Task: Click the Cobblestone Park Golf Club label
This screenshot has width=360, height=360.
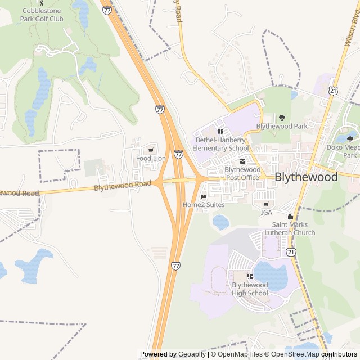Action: click(43, 15)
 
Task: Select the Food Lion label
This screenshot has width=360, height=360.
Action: click(151, 158)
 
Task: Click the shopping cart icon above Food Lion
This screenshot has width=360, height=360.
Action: click(151, 150)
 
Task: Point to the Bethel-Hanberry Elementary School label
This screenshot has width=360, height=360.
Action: click(220, 144)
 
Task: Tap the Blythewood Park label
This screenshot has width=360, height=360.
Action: click(282, 126)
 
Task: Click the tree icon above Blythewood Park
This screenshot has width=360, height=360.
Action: click(282, 118)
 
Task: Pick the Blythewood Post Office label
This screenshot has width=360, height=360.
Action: click(242, 173)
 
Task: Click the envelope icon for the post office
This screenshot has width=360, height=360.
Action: click(242, 161)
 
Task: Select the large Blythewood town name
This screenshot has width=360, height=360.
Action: click(306, 177)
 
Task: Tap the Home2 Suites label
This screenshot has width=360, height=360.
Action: click(204, 205)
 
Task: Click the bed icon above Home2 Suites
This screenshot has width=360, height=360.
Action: click(204, 196)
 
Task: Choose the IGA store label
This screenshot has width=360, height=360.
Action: click(266, 212)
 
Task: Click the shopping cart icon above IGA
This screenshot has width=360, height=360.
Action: click(266, 204)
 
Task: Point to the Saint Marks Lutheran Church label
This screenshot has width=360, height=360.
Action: click(290, 228)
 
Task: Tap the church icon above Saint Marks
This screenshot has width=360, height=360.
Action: click(290, 217)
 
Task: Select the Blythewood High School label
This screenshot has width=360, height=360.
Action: click(250, 289)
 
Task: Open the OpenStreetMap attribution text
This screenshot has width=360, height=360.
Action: click(294, 354)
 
